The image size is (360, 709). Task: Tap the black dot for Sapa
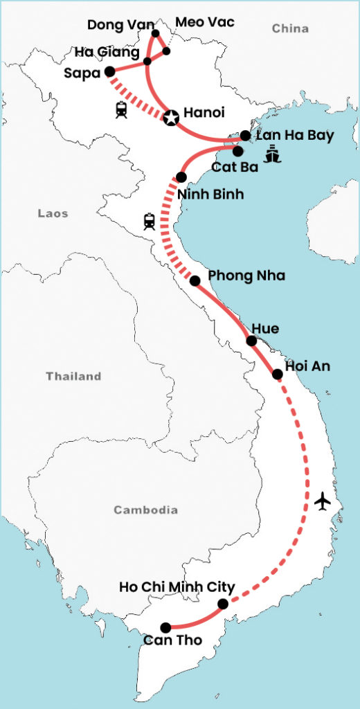pos(109,71)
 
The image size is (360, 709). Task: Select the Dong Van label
pos(116,26)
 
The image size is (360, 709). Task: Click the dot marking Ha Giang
pos(147,62)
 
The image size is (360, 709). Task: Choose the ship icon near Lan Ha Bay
pos(272,154)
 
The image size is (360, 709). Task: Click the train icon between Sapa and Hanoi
pos(122,109)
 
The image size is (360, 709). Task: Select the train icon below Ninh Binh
pos(149,222)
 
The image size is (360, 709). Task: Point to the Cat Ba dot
pos(237,150)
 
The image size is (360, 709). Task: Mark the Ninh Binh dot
pos(181,177)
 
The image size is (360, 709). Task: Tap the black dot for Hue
pos(252,341)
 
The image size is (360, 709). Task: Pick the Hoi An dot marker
pos(278,374)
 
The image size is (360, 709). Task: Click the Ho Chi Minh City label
pos(177,587)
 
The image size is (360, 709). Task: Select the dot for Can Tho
pos(166,627)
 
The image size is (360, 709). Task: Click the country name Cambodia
pos(145,510)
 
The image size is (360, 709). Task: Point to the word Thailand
pos(73,377)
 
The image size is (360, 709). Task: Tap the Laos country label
pos(53,214)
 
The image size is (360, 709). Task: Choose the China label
pos(290,28)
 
